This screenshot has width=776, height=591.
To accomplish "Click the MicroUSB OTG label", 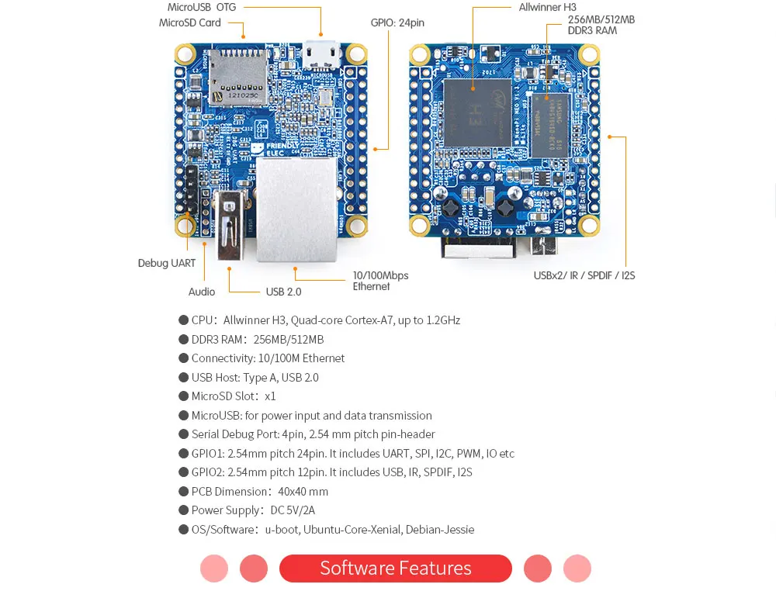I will coord(202,7).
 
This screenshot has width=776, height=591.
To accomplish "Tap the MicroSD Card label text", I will coord(190,22).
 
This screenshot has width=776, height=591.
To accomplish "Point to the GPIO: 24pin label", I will coord(397,22).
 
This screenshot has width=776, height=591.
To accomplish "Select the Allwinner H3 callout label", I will coord(547,7).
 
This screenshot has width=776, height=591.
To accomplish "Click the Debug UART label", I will coord(167,263).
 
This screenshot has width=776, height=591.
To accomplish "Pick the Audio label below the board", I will coord(202,292).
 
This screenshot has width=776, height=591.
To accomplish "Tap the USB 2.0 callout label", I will coord(283,292).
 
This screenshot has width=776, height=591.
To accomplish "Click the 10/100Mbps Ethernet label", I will coord(380,281).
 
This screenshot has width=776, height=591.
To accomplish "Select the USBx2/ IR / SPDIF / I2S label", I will coord(584,275).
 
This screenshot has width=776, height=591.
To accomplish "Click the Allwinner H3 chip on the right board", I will coord(477,112).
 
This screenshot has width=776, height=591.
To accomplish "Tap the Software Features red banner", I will coord(396,568).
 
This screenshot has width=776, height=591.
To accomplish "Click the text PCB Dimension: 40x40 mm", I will coord(260,492).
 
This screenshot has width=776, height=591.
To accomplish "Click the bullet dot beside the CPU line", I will coord(184,320).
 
